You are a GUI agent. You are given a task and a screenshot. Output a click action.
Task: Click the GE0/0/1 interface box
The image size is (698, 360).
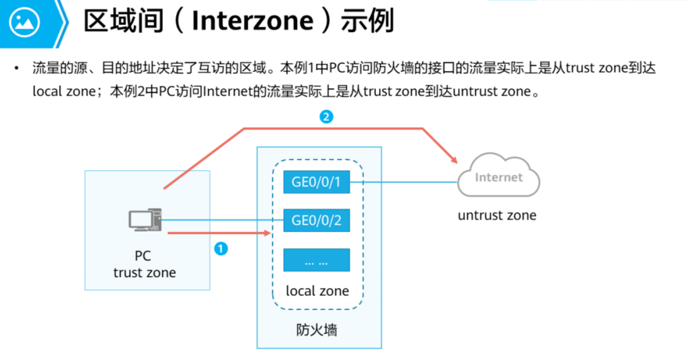(x=317, y=182)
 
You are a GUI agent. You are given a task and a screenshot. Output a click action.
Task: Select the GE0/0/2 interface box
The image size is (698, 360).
(x=317, y=220)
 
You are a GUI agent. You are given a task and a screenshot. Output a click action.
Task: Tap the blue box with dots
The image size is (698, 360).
(x=317, y=260)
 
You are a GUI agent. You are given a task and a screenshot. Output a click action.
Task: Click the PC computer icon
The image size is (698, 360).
(x=145, y=220)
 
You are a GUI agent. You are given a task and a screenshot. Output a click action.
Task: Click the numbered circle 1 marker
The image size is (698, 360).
(x=221, y=249)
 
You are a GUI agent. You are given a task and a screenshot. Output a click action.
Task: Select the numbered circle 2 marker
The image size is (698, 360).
(x=325, y=117)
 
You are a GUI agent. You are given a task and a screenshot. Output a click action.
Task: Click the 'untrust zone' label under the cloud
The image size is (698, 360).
(x=498, y=215)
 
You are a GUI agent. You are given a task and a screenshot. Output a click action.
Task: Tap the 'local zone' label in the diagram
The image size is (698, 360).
(x=317, y=291)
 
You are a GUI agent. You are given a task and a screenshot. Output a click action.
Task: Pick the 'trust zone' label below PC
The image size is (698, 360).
(x=145, y=273)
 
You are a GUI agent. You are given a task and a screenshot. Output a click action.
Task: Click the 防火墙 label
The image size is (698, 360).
(x=317, y=330)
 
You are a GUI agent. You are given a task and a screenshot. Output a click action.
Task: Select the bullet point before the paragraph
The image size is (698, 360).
(x=16, y=69)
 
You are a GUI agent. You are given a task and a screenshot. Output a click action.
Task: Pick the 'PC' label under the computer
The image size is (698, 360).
(x=143, y=256)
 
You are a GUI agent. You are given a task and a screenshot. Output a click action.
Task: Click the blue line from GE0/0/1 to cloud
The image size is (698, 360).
(x=403, y=182)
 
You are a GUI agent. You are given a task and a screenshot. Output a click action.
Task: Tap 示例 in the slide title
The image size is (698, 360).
(x=367, y=22)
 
